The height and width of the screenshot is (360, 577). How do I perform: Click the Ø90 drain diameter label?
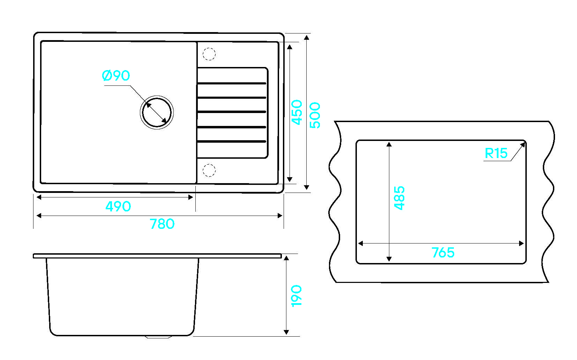[x=116, y=76]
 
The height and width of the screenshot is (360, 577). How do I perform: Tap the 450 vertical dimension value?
[x=297, y=113]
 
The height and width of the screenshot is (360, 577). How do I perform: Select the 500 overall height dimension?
[x=315, y=115]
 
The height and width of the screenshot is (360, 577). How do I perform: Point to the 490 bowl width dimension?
[x=118, y=207]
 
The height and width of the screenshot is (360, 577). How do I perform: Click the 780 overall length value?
[x=162, y=224]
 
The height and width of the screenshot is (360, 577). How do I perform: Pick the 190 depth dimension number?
[x=296, y=296]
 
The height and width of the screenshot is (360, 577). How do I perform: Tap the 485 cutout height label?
[x=399, y=198]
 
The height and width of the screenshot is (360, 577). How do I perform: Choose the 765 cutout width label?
[x=443, y=253]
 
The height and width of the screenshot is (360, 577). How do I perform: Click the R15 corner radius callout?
[x=496, y=153]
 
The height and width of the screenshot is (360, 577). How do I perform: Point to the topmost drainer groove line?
[x=232, y=83]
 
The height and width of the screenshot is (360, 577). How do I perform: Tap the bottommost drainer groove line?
[x=232, y=141]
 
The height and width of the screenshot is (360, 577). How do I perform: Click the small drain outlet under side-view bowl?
[x=158, y=337]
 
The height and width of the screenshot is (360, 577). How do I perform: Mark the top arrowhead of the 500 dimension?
[x=306, y=38]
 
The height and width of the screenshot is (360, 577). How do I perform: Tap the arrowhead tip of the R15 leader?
[x=525, y=143]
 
